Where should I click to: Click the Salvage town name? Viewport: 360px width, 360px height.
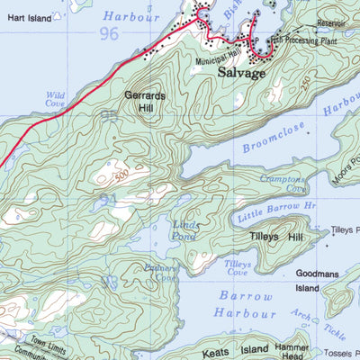[242, 73]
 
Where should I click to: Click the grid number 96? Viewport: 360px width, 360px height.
[110, 34]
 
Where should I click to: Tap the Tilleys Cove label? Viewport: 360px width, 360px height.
[238, 268]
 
